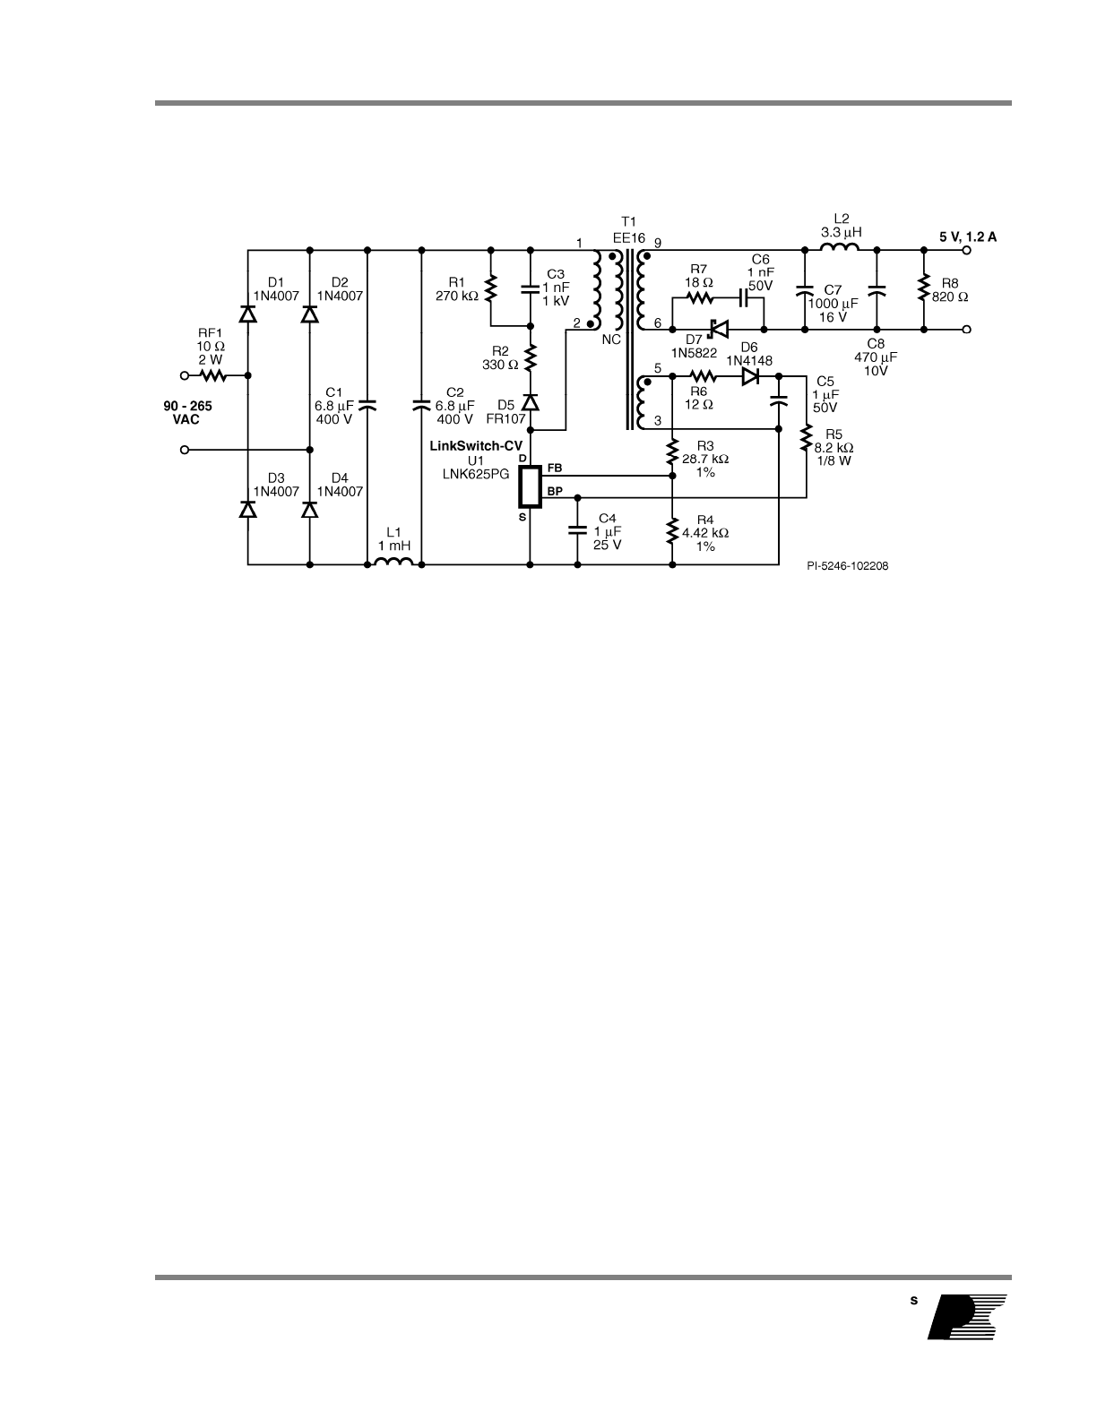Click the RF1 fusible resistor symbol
tap(212, 375)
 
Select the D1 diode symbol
tap(248, 314)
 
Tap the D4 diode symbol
tap(310, 509)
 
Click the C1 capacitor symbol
tap(368, 406)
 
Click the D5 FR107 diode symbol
tap(531, 404)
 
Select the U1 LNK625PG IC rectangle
tap(531, 486)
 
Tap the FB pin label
tap(554, 469)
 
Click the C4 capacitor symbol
tap(577, 530)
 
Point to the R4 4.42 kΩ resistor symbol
tap(672, 532)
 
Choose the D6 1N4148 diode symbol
tap(751, 376)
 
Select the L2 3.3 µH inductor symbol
tap(842, 249)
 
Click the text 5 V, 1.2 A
tap(968, 236)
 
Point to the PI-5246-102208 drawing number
tap(847, 566)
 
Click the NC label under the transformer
tap(611, 340)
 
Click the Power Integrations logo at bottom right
tap(968, 1317)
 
